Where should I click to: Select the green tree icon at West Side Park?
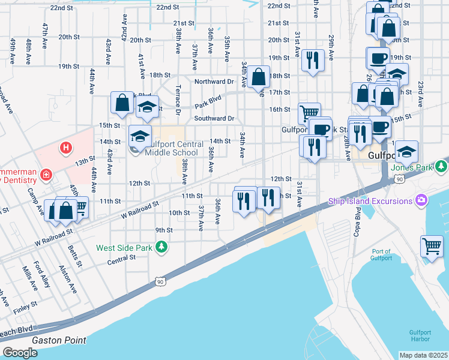click(x=161, y=247)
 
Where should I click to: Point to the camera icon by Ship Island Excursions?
click(x=422, y=199)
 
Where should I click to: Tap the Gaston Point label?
click(x=59, y=340)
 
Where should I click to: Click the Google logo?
click(x=20, y=353)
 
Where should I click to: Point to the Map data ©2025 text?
click(x=423, y=355)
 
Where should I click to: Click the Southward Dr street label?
click(x=214, y=119)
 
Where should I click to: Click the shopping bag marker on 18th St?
click(x=259, y=77)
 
